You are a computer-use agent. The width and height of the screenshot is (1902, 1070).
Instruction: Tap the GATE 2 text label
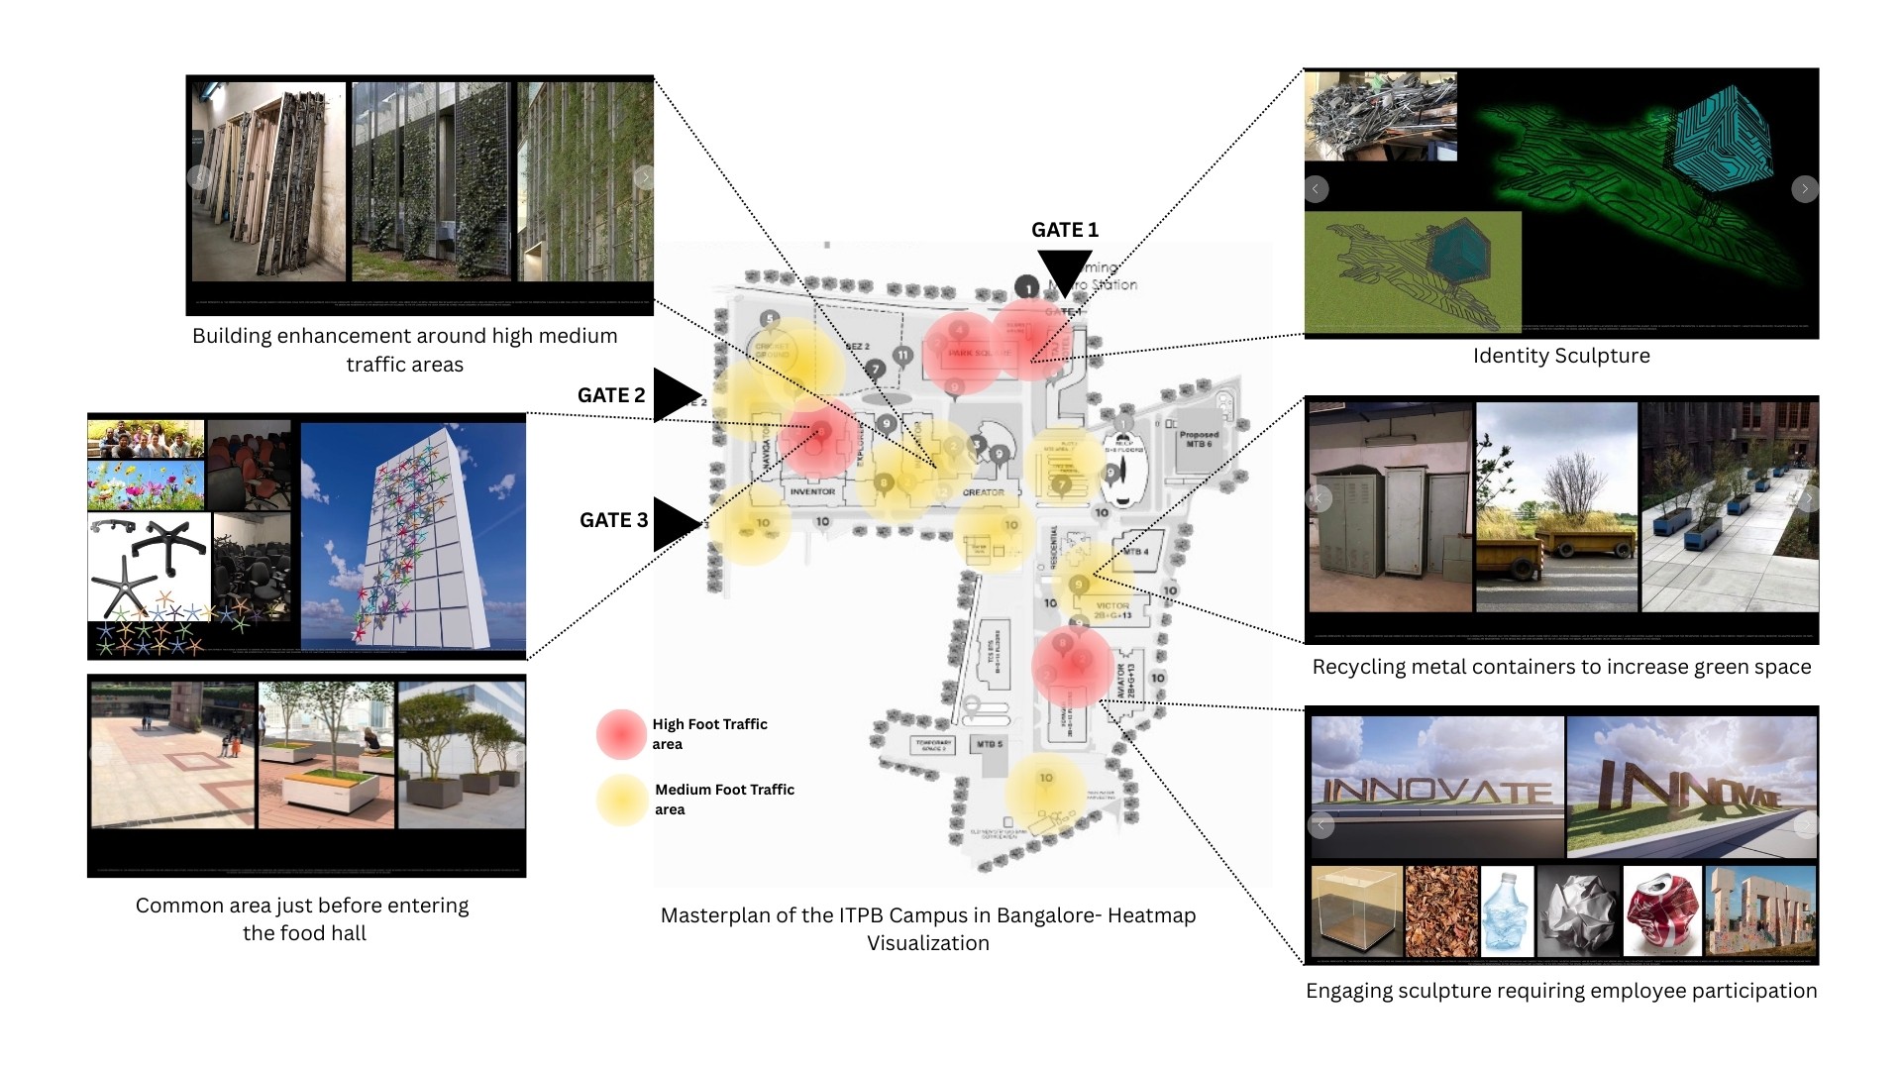[x=611, y=395]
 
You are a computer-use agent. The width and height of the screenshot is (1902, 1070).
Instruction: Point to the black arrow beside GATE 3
[x=676, y=522]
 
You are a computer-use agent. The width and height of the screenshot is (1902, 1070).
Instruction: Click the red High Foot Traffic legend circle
[x=621, y=734]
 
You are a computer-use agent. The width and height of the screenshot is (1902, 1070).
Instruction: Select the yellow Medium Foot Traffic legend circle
[x=621, y=800]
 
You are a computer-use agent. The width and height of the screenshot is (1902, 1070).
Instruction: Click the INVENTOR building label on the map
[x=812, y=491]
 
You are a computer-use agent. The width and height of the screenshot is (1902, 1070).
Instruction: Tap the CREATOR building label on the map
[x=983, y=492]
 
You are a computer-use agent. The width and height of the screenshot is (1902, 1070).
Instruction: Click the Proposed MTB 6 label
[x=1198, y=438]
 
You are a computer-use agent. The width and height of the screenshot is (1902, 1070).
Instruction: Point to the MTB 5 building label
[x=990, y=744]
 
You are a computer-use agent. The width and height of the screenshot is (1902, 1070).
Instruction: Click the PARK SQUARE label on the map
[x=979, y=353]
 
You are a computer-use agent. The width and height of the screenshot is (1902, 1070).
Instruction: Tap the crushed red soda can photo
[x=1662, y=911]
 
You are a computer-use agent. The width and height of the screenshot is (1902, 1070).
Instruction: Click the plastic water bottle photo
[x=1507, y=911]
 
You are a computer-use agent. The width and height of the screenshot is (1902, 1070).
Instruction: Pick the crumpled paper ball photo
[x=1578, y=911]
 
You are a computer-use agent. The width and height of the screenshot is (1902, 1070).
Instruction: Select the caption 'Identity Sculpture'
[x=1561, y=356]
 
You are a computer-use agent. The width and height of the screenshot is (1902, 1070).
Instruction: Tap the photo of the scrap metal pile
[x=1380, y=117]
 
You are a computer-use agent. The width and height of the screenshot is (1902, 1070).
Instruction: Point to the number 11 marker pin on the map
[x=902, y=355]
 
